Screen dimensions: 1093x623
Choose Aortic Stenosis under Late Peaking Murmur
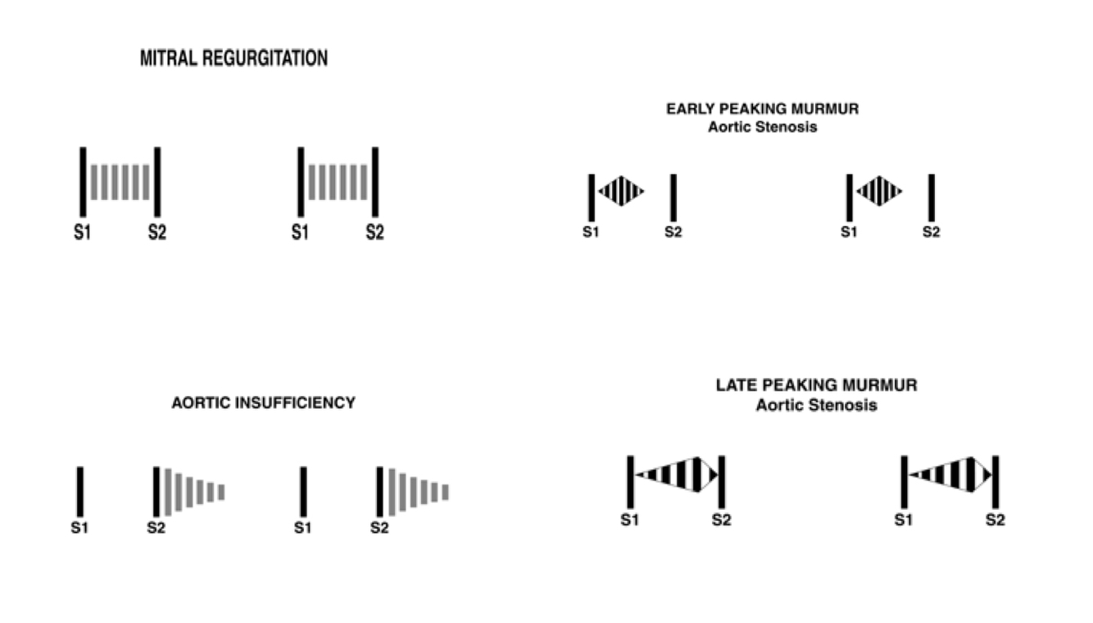pyautogui.click(x=816, y=405)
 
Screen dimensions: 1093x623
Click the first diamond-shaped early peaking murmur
pyautogui.click(x=621, y=191)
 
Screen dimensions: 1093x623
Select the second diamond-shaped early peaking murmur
pyautogui.click(x=879, y=191)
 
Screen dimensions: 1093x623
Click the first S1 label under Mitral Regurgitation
pyautogui.click(x=82, y=233)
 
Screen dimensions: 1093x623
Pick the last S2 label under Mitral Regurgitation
pyautogui.click(x=374, y=233)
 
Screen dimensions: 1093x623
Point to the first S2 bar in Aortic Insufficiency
pyautogui.click(x=156, y=492)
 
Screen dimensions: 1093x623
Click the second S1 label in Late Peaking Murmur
pyautogui.click(x=904, y=520)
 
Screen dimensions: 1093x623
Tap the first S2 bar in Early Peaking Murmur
pyautogui.click(x=673, y=198)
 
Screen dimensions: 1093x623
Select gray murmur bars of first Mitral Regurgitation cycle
pyautogui.click(x=120, y=182)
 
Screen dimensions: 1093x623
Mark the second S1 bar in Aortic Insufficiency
pyautogui.click(x=303, y=492)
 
